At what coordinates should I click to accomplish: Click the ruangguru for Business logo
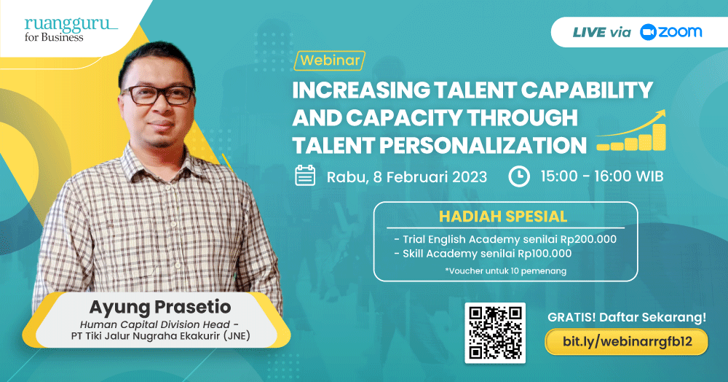[x=71, y=30]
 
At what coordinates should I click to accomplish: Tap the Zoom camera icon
[x=648, y=32]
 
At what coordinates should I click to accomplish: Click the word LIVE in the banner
[x=589, y=32]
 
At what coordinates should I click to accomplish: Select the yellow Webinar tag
[x=330, y=61]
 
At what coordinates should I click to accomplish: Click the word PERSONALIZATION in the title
[x=483, y=146]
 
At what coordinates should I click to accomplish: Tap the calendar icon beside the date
[x=305, y=176]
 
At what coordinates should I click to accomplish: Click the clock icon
[x=518, y=176]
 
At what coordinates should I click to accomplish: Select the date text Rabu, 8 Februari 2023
[x=407, y=177]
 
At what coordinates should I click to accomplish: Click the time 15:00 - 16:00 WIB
[x=602, y=176]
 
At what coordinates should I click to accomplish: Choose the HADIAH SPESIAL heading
[x=503, y=217]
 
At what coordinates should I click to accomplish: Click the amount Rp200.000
[x=588, y=239]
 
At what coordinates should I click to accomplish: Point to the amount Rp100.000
[x=545, y=254]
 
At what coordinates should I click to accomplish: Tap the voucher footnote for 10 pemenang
[x=506, y=270]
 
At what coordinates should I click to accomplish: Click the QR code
[x=495, y=332]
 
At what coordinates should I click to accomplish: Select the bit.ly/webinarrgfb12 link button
[x=627, y=342]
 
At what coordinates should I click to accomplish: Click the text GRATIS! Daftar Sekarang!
[x=627, y=317]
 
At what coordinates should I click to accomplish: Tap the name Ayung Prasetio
[x=159, y=307]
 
